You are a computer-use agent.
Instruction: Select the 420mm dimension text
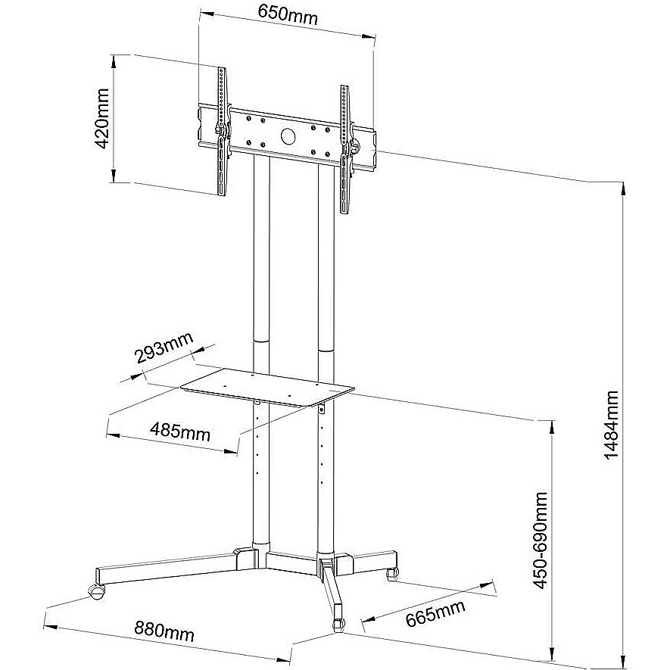click(102, 119)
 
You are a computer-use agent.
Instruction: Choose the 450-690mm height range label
click(541, 540)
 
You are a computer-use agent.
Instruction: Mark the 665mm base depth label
click(435, 613)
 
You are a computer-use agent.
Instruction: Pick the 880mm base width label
click(164, 631)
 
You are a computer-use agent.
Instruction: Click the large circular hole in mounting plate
click(289, 136)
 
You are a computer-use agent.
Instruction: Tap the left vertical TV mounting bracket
click(222, 132)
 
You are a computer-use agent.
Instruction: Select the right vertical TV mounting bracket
click(345, 149)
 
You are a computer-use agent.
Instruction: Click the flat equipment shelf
click(267, 387)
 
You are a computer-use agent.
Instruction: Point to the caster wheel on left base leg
click(97, 592)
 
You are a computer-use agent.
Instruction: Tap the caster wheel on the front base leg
click(338, 622)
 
